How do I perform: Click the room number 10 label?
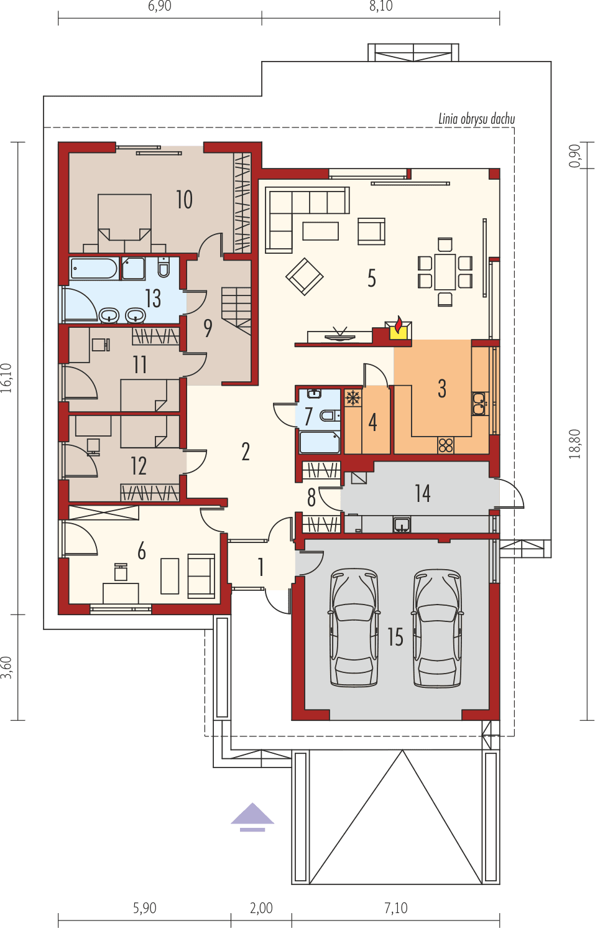point(184,200)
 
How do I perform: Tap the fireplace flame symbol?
point(398,327)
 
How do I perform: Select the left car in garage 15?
point(354,628)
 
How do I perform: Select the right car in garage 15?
point(438,628)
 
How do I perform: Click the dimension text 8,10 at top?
point(381,6)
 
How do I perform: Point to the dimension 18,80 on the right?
point(575,443)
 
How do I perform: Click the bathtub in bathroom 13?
point(94,269)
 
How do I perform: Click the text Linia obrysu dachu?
point(476,118)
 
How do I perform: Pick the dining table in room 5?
point(445,272)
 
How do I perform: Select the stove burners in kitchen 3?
point(446,445)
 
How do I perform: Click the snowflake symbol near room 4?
point(353,398)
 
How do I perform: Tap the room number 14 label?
point(423,494)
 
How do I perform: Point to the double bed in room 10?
point(124,218)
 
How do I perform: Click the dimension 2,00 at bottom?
point(261,908)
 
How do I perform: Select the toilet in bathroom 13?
point(164,267)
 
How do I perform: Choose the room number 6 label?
point(142,550)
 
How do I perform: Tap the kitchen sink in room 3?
point(479,404)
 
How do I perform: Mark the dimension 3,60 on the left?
point(7,667)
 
